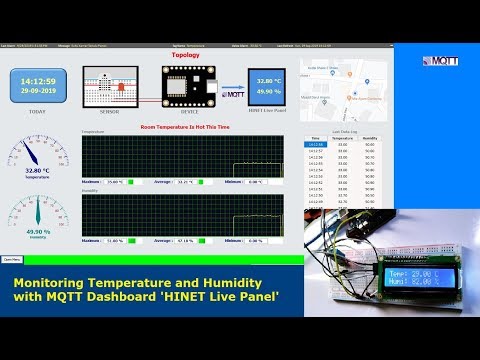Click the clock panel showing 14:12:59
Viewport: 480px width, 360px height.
[37, 85]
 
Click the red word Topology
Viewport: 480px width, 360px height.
[185, 56]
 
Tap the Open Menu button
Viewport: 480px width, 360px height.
[13, 259]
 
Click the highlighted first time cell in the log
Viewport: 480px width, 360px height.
[316, 145]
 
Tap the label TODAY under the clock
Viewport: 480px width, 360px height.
[37, 112]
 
